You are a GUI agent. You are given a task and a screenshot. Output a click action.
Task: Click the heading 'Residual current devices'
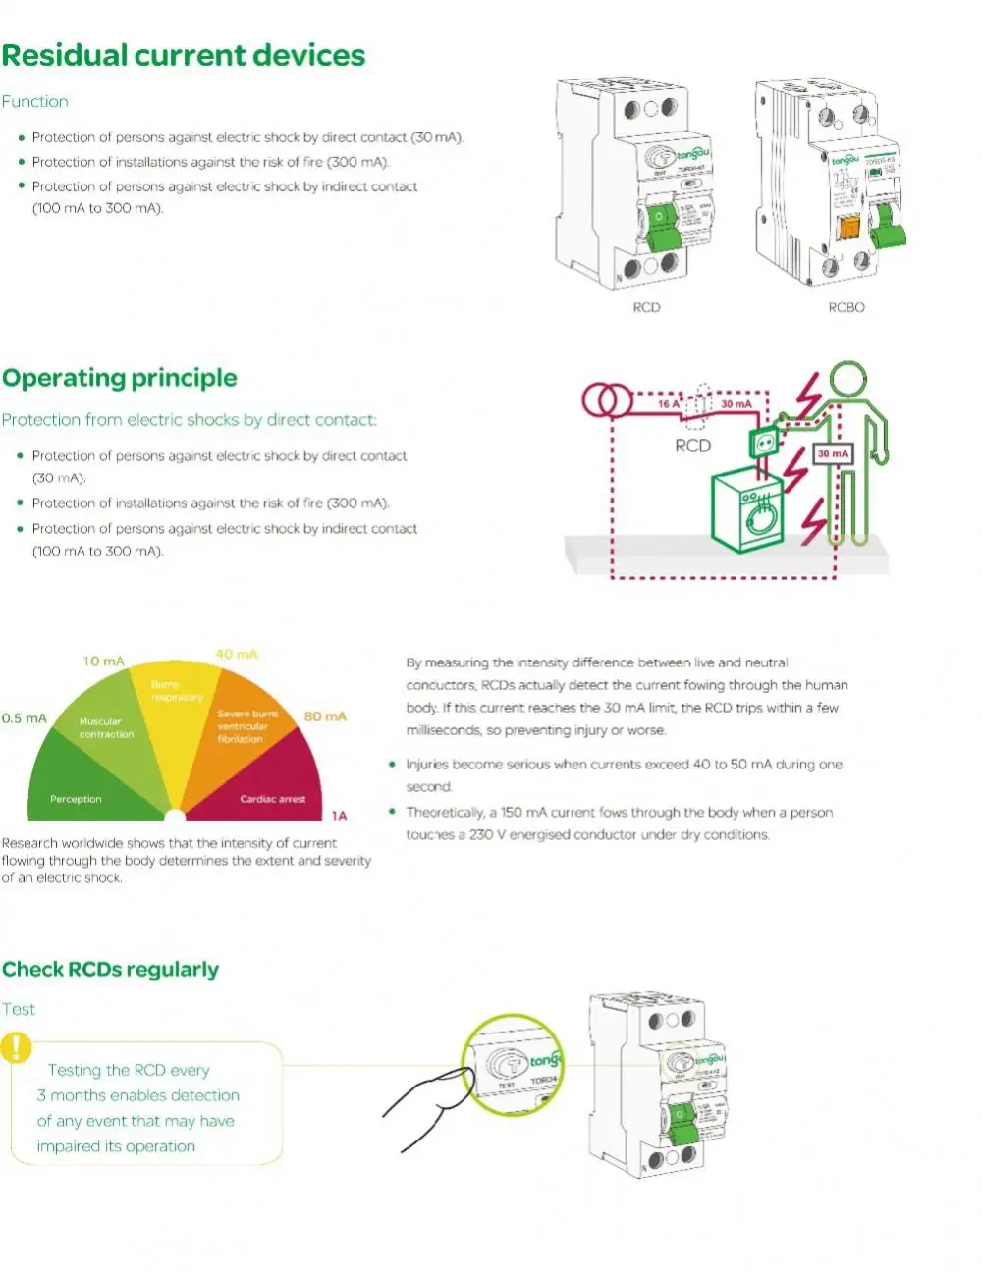(184, 56)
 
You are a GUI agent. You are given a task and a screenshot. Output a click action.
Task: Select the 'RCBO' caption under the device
(846, 307)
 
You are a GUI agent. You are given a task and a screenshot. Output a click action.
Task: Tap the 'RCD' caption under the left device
(646, 307)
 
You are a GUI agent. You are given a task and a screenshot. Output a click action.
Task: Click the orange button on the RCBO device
(846, 227)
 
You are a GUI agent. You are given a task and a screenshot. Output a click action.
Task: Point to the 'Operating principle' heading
(120, 378)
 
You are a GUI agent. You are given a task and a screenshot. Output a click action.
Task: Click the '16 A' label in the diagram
(669, 403)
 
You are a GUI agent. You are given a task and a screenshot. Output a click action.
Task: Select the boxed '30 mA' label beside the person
(833, 453)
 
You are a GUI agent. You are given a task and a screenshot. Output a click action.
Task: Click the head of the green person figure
(847, 379)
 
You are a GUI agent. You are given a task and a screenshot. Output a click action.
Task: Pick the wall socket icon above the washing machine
(764, 444)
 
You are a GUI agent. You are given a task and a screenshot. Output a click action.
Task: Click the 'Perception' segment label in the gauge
(76, 799)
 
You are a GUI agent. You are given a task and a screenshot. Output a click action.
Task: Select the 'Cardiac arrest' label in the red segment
(272, 799)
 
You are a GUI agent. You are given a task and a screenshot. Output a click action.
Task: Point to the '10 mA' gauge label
(103, 661)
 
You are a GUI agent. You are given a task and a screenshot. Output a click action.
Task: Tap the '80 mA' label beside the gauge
(325, 716)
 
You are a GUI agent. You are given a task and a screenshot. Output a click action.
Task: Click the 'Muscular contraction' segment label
(106, 727)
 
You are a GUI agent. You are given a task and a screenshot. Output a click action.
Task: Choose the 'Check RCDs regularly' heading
(110, 970)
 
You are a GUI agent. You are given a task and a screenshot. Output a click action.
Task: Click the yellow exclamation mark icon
(17, 1047)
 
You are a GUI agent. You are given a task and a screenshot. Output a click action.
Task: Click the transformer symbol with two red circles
(608, 400)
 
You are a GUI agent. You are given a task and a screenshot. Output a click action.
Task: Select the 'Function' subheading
(35, 101)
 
